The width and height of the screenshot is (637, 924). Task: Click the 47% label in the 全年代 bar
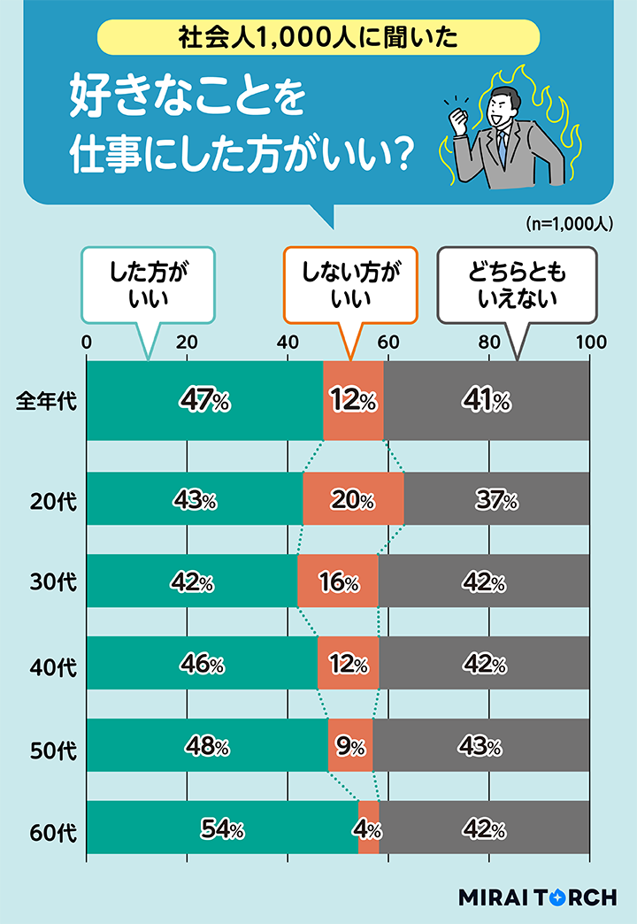point(204,401)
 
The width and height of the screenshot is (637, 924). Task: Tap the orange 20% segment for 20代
point(353,499)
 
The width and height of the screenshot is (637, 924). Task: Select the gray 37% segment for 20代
point(496,499)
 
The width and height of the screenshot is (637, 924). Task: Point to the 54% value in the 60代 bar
point(221,830)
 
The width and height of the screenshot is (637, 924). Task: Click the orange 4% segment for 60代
point(369,829)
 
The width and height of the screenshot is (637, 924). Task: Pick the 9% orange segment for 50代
point(350,746)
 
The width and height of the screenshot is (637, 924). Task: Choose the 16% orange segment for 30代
point(338,581)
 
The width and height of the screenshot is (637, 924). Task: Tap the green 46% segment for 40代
point(202,664)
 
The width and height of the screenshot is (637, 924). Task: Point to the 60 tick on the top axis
point(388,343)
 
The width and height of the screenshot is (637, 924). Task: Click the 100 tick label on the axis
point(590,343)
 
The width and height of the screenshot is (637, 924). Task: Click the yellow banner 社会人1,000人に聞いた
point(318,37)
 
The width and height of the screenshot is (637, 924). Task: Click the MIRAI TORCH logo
point(537,897)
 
